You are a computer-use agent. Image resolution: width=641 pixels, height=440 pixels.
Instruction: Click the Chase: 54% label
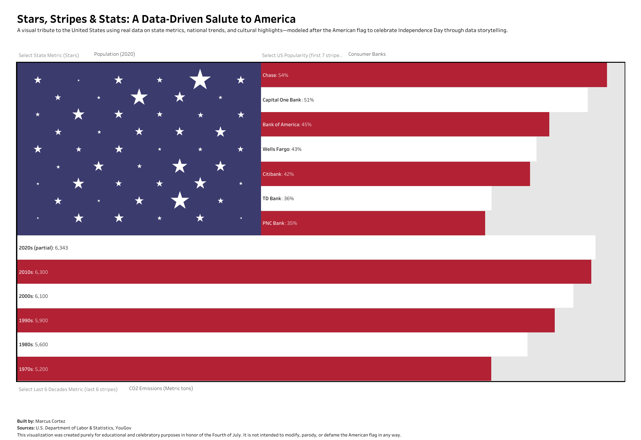[x=275, y=75]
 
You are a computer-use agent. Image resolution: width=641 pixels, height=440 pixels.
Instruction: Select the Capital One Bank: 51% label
[x=288, y=100]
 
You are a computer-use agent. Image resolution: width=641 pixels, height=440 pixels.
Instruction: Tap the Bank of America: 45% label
[x=287, y=125]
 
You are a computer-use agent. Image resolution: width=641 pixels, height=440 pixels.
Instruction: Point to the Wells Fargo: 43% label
[x=282, y=149]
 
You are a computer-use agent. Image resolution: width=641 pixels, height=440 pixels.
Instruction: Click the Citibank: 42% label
[x=278, y=174]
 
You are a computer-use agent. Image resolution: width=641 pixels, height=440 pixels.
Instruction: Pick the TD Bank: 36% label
[x=278, y=199]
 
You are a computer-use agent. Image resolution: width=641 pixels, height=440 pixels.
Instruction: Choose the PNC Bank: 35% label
[x=280, y=223]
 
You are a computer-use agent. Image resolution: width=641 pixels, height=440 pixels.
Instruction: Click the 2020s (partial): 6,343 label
[x=43, y=248]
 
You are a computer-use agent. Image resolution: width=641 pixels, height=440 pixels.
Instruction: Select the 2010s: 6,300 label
[x=33, y=272]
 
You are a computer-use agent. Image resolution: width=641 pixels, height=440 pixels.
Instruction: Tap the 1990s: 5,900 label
[x=33, y=321]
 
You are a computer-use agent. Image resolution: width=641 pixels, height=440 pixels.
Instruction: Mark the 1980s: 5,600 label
[x=33, y=345]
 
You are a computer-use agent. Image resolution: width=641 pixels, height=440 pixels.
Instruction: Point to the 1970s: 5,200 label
[x=33, y=369]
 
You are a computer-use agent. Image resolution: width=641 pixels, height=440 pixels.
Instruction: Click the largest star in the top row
[x=200, y=79]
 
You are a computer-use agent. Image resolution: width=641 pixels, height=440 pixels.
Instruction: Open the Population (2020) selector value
[x=114, y=54]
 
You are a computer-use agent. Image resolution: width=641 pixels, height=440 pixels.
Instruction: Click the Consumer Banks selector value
[x=367, y=54]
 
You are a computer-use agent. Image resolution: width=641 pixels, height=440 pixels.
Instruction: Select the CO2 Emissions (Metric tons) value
[x=161, y=388]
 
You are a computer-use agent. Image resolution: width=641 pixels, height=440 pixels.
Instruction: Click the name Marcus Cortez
[x=50, y=421]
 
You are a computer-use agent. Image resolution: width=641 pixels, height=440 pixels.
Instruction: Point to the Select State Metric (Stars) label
[x=49, y=55]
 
